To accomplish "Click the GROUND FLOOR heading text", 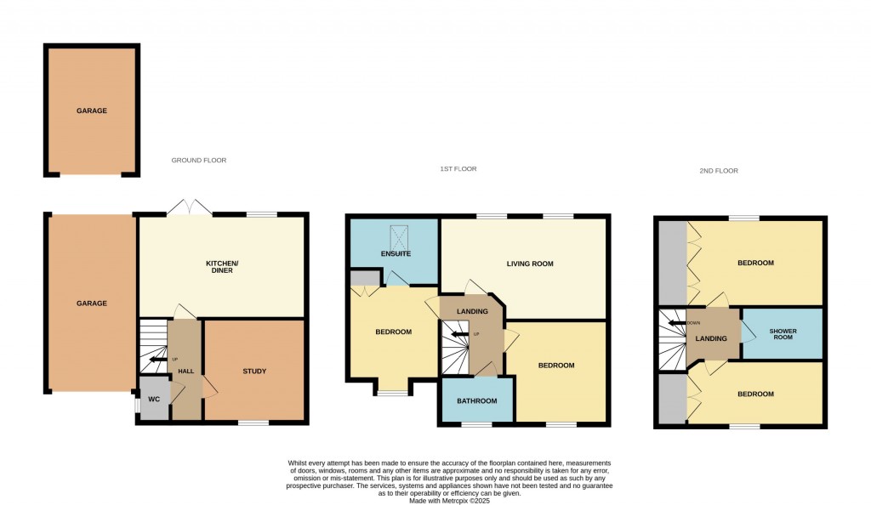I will point(199,161).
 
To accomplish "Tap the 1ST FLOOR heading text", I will point(458,169).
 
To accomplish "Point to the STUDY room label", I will point(254,372).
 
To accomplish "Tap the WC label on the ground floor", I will point(154,399).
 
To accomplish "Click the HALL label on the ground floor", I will point(185,372).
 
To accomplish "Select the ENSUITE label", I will point(396,254).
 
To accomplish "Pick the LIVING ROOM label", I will point(530,264).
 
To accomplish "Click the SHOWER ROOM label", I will point(783,334).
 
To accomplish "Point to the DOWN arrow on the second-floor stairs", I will point(678,323).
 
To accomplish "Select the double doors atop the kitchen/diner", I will point(189,207).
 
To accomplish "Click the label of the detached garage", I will point(92,111).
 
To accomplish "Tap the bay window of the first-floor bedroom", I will point(392,392).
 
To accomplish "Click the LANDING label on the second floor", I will point(710,339).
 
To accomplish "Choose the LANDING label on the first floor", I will point(472,312).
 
